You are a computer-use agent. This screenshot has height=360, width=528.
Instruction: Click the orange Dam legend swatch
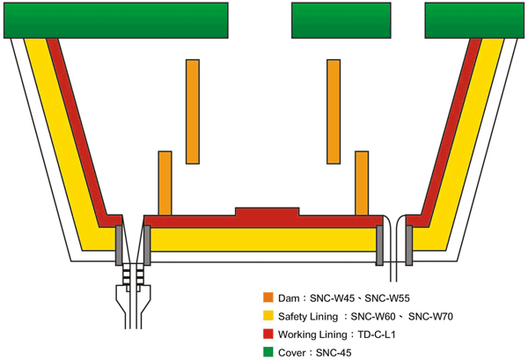[x=268, y=298]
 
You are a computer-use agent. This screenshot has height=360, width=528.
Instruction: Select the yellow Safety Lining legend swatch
[x=268, y=315]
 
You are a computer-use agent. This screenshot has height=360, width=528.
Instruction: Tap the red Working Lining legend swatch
[x=268, y=334]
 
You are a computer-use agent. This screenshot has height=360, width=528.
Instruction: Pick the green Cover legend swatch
[x=268, y=352]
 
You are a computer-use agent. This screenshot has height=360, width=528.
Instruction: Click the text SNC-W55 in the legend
[x=387, y=298]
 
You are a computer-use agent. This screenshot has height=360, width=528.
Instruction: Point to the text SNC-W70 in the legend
[x=430, y=316]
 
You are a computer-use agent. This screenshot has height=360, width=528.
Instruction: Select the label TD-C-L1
[x=376, y=334]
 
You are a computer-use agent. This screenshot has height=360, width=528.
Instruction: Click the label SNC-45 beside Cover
[x=334, y=353]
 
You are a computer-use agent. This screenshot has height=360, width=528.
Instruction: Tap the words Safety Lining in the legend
[x=308, y=317]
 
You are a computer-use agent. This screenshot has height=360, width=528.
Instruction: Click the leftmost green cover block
[x=116, y=20]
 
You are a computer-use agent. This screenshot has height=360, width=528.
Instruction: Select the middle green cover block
[x=341, y=20]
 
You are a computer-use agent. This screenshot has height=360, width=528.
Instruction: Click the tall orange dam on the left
[x=193, y=112]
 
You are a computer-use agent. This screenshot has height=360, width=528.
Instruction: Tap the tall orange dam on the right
[x=334, y=112]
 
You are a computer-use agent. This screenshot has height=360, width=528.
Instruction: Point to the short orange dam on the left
[x=165, y=183]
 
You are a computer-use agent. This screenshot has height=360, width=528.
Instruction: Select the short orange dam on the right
[x=362, y=183]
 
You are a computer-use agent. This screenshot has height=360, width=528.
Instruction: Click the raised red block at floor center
[x=267, y=212]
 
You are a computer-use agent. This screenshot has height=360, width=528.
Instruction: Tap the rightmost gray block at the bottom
[x=409, y=246]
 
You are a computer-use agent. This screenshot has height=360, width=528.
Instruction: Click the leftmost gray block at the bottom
[x=119, y=246]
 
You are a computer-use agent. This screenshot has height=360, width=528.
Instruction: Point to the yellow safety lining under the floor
[x=263, y=239]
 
